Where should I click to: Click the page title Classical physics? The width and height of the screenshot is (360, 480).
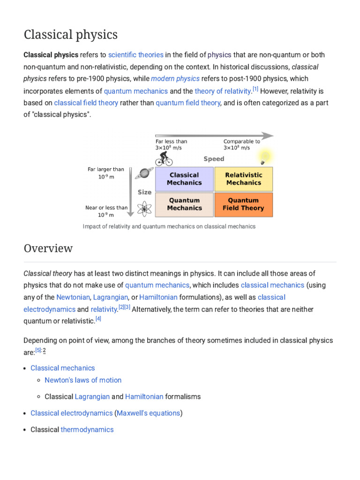click(71, 35)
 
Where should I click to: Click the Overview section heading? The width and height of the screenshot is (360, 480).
click(48, 248)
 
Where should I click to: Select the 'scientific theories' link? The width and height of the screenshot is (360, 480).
click(135, 55)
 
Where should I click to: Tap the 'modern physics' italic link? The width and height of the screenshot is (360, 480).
click(175, 79)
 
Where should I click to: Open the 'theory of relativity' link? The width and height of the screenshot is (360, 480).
click(223, 91)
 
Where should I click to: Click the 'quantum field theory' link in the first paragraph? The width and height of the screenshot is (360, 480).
click(187, 103)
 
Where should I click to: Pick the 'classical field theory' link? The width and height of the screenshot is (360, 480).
click(86, 103)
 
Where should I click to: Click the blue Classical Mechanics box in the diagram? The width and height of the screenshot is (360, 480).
click(184, 179)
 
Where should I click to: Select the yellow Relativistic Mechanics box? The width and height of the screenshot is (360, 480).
click(243, 179)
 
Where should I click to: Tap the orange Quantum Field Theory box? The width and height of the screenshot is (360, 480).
click(243, 204)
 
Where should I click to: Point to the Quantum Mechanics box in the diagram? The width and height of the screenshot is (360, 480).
click(184, 204)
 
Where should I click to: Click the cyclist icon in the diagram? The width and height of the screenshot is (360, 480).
click(164, 158)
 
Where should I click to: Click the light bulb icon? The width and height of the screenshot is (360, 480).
click(265, 157)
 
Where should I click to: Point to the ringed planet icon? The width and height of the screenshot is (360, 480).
click(144, 173)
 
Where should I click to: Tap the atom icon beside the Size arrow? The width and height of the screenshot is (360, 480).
click(144, 208)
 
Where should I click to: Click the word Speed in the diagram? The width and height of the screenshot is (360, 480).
click(214, 159)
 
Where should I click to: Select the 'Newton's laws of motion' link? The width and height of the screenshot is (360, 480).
click(83, 380)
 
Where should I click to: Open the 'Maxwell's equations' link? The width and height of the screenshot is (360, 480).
click(148, 413)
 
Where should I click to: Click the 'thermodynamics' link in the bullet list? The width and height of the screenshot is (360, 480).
click(87, 429)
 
